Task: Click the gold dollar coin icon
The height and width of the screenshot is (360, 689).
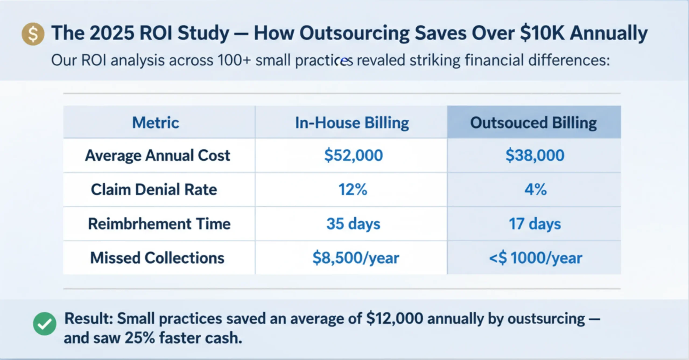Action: [33, 34]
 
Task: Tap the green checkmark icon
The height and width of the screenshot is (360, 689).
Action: [45, 324]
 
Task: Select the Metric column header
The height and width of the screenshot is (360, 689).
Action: [156, 123]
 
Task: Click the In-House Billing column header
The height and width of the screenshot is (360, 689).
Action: [352, 123]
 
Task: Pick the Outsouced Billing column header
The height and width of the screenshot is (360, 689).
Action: [533, 123]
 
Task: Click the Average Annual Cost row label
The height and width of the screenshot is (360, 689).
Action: [158, 155]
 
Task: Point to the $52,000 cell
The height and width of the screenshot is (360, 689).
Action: [353, 155]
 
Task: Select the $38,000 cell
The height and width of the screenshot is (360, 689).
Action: [535, 155]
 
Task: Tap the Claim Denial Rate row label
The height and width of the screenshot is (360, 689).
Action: [154, 189]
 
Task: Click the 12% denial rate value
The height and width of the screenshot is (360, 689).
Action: [353, 189]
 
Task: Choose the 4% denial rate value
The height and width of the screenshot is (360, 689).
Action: [535, 189]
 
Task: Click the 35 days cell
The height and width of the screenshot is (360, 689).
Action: [353, 224]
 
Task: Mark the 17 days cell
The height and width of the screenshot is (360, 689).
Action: [535, 224]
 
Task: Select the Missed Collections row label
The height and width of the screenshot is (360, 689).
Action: [157, 258]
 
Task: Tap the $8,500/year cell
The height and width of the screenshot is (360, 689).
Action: [356, 258]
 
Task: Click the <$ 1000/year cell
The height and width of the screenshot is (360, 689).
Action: [535, 258]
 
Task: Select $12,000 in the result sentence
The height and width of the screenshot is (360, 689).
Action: [395, 319]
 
